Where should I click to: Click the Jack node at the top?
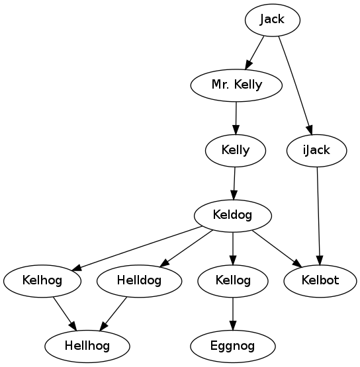(x=273, y=20)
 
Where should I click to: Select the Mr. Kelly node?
(x=236, y=85)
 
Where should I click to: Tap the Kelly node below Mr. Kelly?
(x=236, y=151)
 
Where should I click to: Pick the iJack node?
(x=317, y=151)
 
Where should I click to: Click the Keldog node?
(x=233, y=216)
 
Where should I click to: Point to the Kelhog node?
(x=42, y=281)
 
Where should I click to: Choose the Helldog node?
(x=139, y=281)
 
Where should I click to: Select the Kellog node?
(x=233, y=281)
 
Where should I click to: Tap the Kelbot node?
(x=320, y=281)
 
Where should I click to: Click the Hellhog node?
(x=87, y=347)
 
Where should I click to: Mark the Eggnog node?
(x=233, y=347)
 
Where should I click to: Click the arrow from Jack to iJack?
(x=295, y=86)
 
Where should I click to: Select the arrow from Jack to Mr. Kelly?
(x=254, y=53)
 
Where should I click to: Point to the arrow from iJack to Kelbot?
(x=319, y=216)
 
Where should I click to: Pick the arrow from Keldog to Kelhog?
(x=137, y=249)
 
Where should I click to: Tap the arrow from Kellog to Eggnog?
(x=233, y=314)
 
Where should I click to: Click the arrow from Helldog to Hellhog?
(x=113, y=314)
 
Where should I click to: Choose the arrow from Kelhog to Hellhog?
(x=65, y=314)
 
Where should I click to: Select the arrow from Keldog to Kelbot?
(x=277, y=249)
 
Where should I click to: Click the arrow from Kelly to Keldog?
(x=234, y=183)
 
